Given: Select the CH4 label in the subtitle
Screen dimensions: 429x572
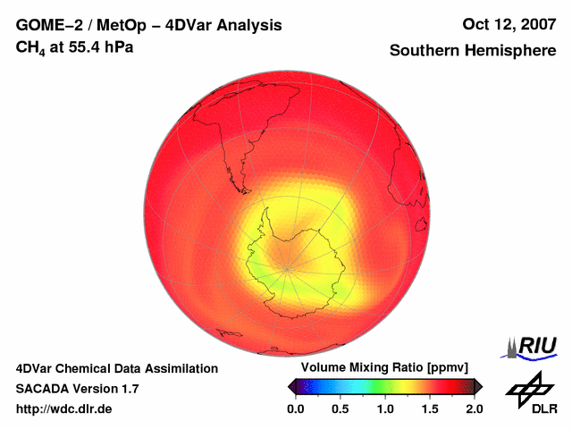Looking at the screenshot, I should [x=29, y=46].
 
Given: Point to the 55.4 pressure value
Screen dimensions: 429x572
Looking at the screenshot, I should [x=83, y=46].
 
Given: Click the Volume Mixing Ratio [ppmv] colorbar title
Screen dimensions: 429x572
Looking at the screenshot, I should [x=385, y=368].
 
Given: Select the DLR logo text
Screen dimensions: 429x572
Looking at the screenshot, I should [x=543, y=409].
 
